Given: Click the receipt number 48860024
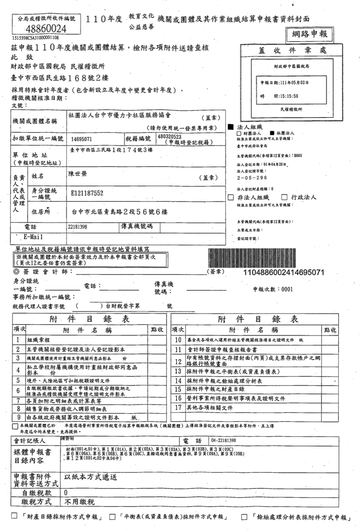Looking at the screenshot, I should (x=46, y=28).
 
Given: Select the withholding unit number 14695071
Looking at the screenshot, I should (x=82, y=139).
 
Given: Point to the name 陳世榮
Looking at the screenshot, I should (x=78, y=174).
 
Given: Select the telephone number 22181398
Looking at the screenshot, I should (x=78, y=227).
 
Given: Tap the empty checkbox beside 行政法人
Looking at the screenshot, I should (x=284, y=197).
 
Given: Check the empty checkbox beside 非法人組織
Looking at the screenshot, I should (x=231, y=197).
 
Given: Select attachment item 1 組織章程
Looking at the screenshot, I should (x=38, y=340).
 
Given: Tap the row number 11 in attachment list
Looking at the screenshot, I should (x=178, y=350).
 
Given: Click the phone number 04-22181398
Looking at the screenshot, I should (x=224, y=441).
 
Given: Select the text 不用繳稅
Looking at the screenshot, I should (x=80, y=502).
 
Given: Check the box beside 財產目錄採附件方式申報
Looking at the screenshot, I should (x=15, y=516).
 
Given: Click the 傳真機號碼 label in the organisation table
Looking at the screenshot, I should (x=136, y=227).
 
